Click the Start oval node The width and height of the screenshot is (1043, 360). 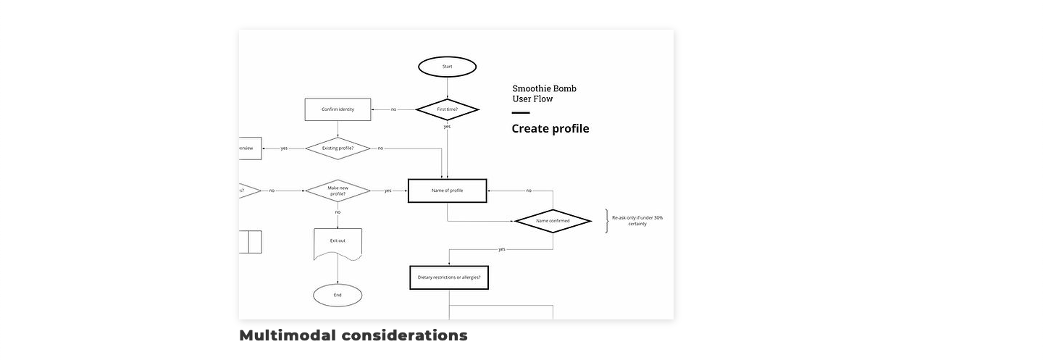tap(447, 67)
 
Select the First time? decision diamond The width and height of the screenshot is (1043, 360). tap(447, 109)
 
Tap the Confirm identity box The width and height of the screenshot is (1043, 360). tap(338, 109)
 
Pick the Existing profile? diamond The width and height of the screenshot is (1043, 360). tap(338, 148)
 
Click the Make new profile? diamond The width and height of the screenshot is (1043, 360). tap(338, 191)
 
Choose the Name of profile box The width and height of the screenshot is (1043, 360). tap(447, 191)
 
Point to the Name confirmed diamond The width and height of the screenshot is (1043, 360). tap(553, 221)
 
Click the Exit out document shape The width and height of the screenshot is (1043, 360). tap(338, 243)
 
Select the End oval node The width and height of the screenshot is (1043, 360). tap(338, 295)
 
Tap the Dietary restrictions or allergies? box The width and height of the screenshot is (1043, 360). tap(449, 277)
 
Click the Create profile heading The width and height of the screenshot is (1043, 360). tap(550, 129)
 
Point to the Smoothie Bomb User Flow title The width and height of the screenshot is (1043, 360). tap(544, 93)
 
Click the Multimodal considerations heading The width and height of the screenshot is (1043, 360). tap(353, 335)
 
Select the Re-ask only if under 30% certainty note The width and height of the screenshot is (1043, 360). tap(637, 220)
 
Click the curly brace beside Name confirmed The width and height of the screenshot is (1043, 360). tap(606, 221)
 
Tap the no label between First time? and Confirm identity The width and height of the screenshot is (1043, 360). tap(393, 109)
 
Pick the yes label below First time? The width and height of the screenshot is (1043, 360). tap(447, 127)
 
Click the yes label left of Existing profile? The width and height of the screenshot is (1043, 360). tap(284, 148)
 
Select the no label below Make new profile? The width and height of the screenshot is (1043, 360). tap(338, 212)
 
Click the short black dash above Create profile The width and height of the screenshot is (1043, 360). tap(521, 113)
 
